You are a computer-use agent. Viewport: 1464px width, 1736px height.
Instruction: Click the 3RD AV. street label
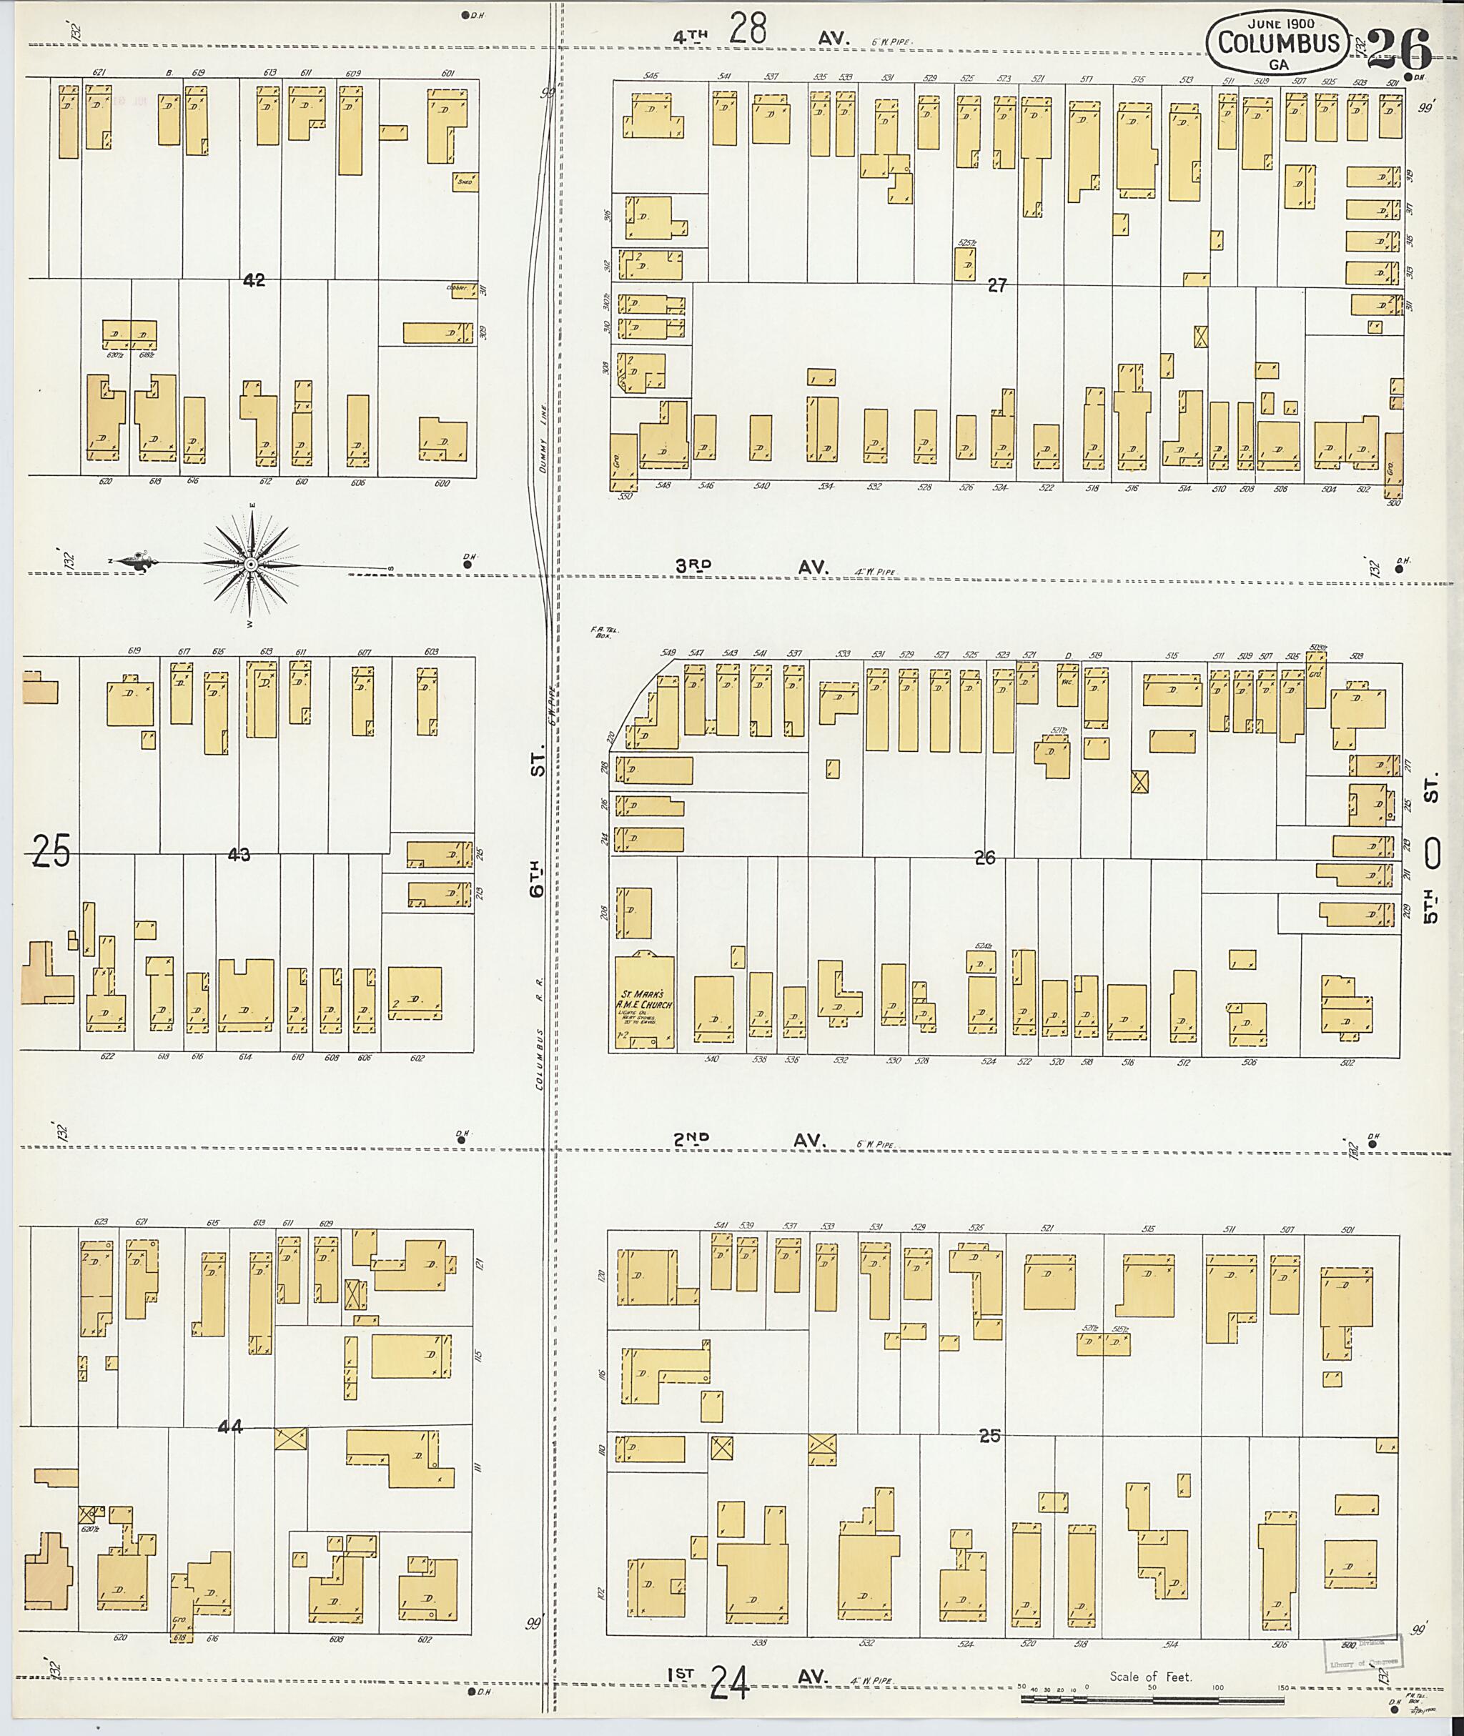751,567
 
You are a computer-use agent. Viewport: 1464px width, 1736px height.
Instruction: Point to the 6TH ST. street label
538,830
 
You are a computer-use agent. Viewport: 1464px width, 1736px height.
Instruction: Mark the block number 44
230,1427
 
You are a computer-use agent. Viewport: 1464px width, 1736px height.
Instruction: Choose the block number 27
996,285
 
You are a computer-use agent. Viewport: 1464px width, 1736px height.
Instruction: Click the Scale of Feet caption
1150,1676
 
